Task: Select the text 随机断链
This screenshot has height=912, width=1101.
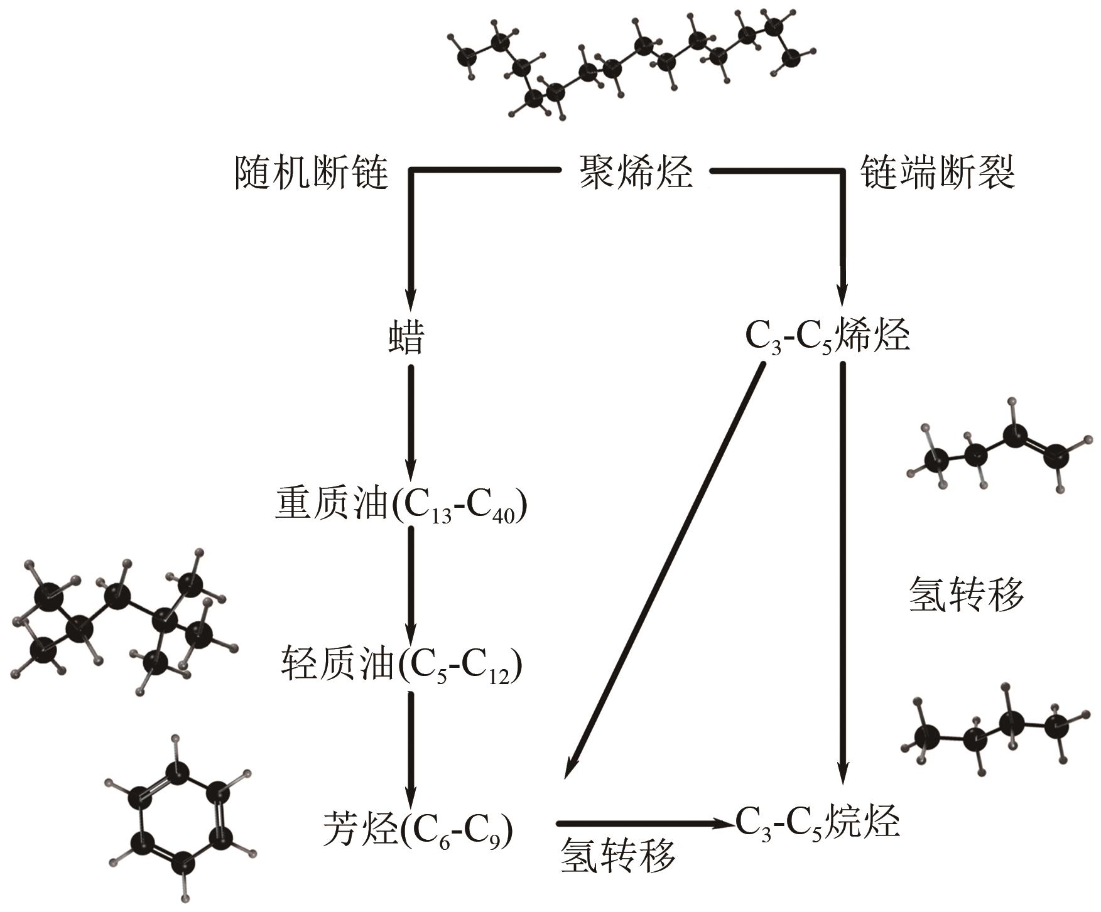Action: [312, 172]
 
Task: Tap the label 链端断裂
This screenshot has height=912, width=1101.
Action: [936, 172]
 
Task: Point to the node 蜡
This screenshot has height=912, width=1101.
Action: [406, 337]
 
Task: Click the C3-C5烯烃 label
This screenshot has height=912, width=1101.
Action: [827, 337]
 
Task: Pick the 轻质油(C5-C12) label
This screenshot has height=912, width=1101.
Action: [401, 665]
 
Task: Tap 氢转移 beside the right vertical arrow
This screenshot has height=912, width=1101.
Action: [966, 594]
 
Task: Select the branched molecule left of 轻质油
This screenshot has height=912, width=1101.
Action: [122, 621]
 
